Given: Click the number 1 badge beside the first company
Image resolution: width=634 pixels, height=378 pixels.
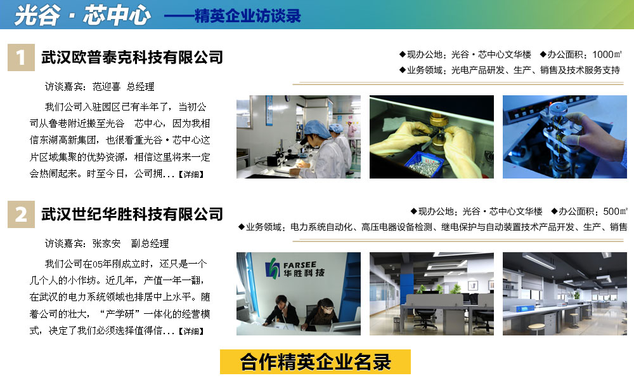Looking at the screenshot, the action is [x=21, y=58].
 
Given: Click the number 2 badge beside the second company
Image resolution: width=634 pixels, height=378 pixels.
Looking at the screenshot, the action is [x=21, y=214].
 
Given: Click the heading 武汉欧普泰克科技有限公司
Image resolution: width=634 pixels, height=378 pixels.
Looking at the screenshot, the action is [x=133, y=57].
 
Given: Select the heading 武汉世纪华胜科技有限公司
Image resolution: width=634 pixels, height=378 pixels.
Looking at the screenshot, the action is [x=133, y=214].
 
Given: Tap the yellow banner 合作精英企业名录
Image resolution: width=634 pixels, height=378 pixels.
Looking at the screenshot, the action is [x=315, y=361].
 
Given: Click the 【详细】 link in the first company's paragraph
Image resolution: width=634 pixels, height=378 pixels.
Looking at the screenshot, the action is [x=191, y=174].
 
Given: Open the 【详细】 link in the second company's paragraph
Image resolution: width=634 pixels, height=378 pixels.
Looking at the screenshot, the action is [x=191, y=331].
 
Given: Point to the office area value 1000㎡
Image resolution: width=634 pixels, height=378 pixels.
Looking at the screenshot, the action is [x=607, y=54].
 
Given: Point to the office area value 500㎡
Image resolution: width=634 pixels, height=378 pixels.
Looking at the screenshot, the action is [x=615, y=211].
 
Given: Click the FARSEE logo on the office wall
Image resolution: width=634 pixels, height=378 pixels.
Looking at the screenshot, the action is [x=295, y=269].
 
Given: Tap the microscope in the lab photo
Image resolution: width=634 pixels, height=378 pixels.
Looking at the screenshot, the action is [x=298, y=151].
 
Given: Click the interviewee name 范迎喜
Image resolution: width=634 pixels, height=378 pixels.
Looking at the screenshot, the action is [x=107, y=86].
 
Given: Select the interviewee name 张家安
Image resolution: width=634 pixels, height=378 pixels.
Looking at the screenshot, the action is [x=107, y=243].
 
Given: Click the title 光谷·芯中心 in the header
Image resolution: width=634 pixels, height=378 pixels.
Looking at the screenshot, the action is [x=82, y=15].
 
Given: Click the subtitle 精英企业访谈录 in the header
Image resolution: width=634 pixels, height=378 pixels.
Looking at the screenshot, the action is [x=248, y=16].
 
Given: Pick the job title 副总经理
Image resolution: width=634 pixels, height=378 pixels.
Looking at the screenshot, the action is [x=150, y=243].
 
